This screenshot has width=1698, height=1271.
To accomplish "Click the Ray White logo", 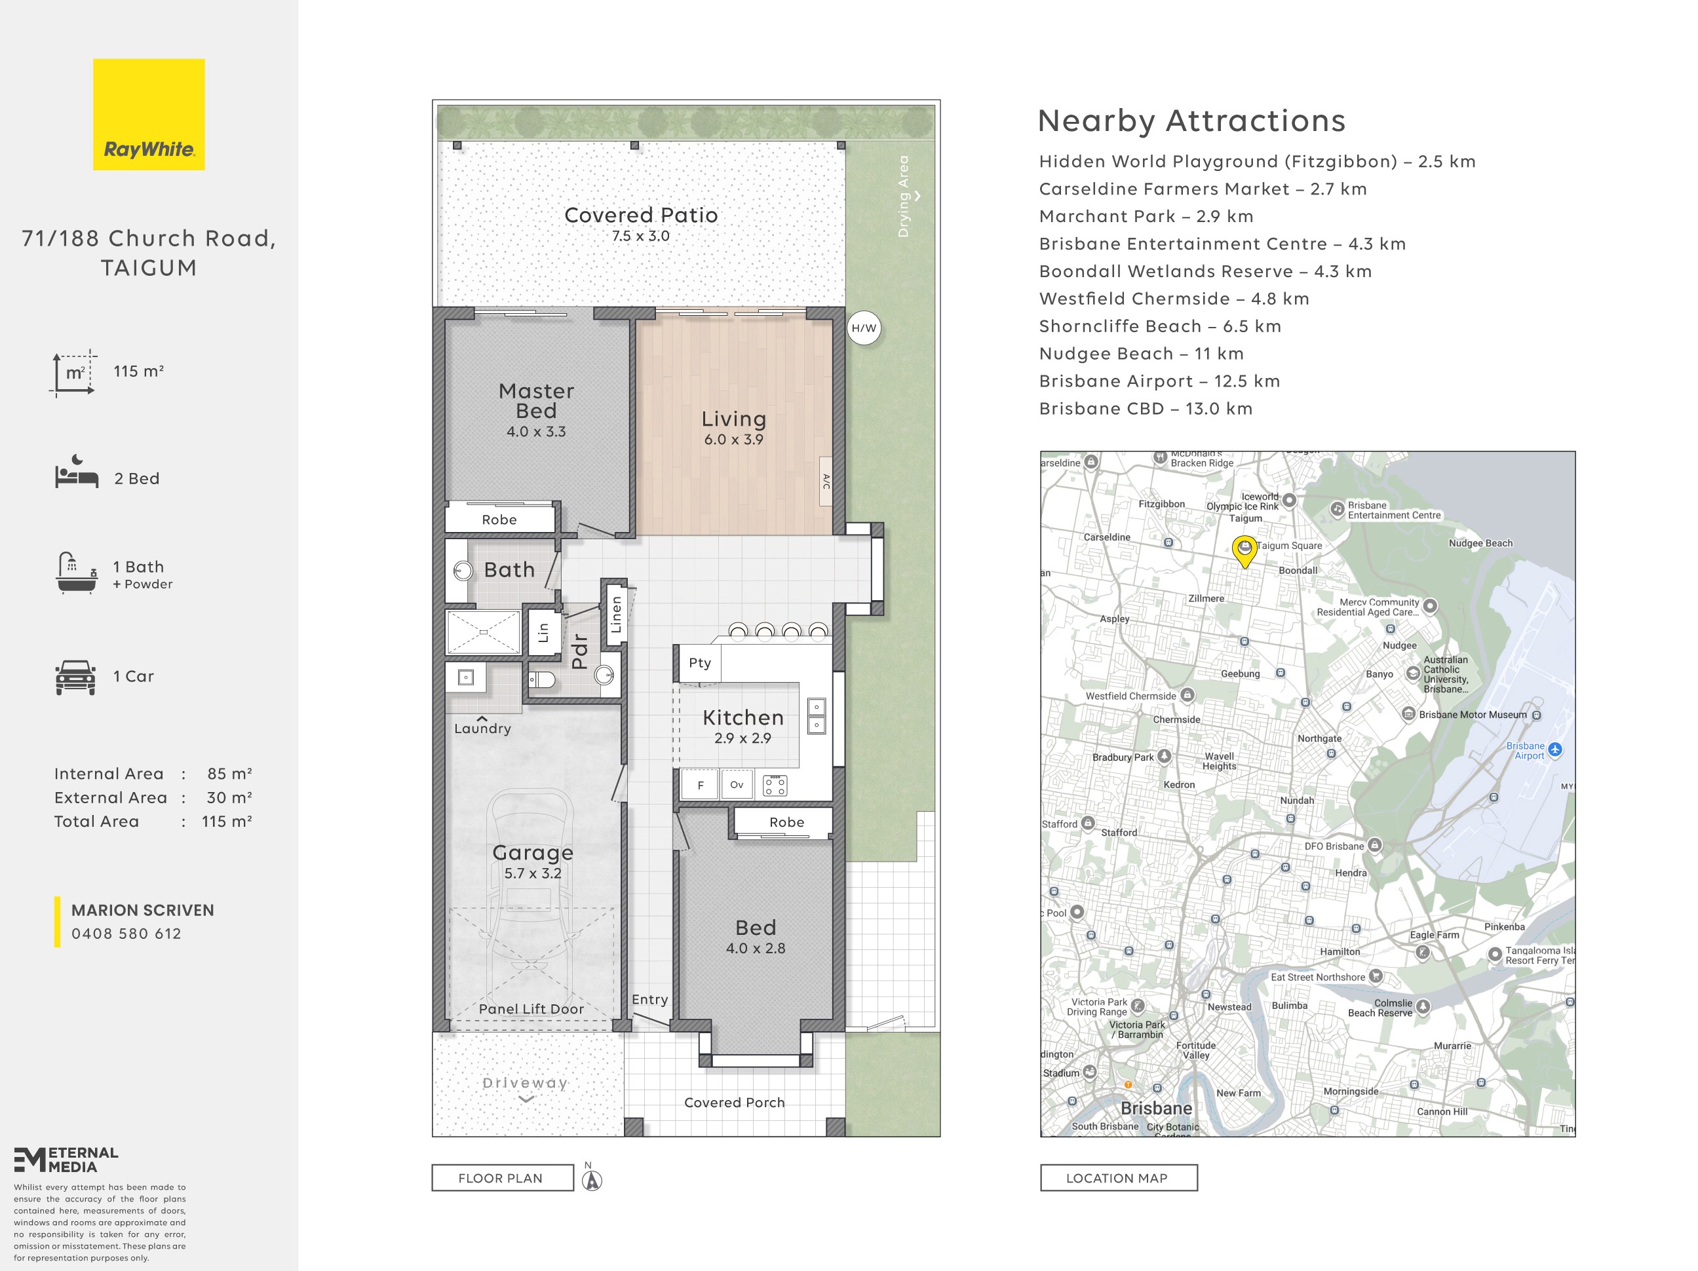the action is (149, 115).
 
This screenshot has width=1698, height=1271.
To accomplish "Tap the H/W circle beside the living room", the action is (864, 328).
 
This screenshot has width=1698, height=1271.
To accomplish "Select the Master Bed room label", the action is (536, 402).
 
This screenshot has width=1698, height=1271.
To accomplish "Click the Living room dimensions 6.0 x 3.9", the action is (734, 440).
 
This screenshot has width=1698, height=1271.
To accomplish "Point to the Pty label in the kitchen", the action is (699, 663).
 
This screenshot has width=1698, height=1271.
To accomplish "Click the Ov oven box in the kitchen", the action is (737, 784).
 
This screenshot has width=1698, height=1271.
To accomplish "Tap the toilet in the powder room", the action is (542, 679).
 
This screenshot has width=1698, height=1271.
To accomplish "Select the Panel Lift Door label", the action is (531, 1010).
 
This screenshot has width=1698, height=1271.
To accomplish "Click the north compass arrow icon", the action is (592, 1181).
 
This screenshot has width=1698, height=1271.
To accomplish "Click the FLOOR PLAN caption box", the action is (502, 1178).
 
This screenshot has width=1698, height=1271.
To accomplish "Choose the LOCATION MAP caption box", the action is (1119, 1178).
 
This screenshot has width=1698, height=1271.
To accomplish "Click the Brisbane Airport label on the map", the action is (1525, 751).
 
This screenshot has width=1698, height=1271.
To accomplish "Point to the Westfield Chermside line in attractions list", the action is (1174, 299).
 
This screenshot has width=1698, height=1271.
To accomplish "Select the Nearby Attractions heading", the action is (1191, 121).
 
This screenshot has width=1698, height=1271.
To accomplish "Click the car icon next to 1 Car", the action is (75, 677).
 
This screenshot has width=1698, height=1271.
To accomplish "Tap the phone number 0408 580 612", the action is (126, 934).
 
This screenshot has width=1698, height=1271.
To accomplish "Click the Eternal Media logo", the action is (66, 1160).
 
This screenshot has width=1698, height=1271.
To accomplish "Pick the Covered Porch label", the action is (735, 1103).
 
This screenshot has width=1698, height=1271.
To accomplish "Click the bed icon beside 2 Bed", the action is (77, 472).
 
